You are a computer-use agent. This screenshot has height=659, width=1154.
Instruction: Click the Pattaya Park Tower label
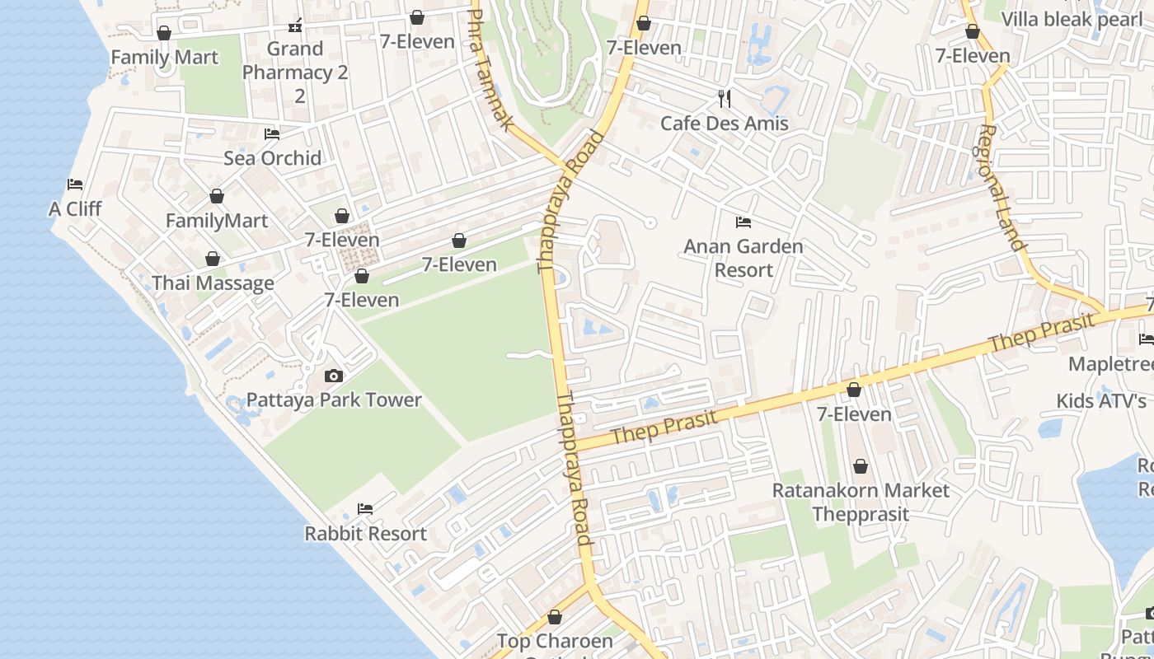[x=334, y=400]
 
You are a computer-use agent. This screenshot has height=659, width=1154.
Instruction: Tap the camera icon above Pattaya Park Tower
[x=334, y=376]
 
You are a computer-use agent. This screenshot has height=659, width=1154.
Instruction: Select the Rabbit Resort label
[x=365, y=534]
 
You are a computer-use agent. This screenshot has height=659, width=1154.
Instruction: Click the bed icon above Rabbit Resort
[x=365, y=509]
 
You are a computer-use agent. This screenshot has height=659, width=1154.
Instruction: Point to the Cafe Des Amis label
[x=724, y=124]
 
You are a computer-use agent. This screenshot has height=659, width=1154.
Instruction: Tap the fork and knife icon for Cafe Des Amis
[x=725, y=99]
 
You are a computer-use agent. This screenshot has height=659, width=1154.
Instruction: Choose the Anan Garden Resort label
[x=743, y=258]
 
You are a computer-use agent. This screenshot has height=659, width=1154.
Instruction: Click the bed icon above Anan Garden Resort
[x=743, y=222]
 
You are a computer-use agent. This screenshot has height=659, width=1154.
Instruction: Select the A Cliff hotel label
[x=75, y=209]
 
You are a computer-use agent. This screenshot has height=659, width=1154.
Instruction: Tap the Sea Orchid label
[x=272, y=158]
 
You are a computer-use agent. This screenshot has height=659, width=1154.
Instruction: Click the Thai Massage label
[x=213, y=283]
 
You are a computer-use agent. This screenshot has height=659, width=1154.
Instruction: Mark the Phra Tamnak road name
[x=493, y=70]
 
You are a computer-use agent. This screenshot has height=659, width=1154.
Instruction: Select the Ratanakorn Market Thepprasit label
[x=861, y=502]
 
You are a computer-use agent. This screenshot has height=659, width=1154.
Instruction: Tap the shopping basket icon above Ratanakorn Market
[x=861, y=467]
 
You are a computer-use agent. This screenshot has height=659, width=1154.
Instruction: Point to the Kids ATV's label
[x=1101, y=401]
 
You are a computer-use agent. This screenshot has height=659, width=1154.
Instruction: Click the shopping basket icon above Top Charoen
[x=555, y=617]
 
